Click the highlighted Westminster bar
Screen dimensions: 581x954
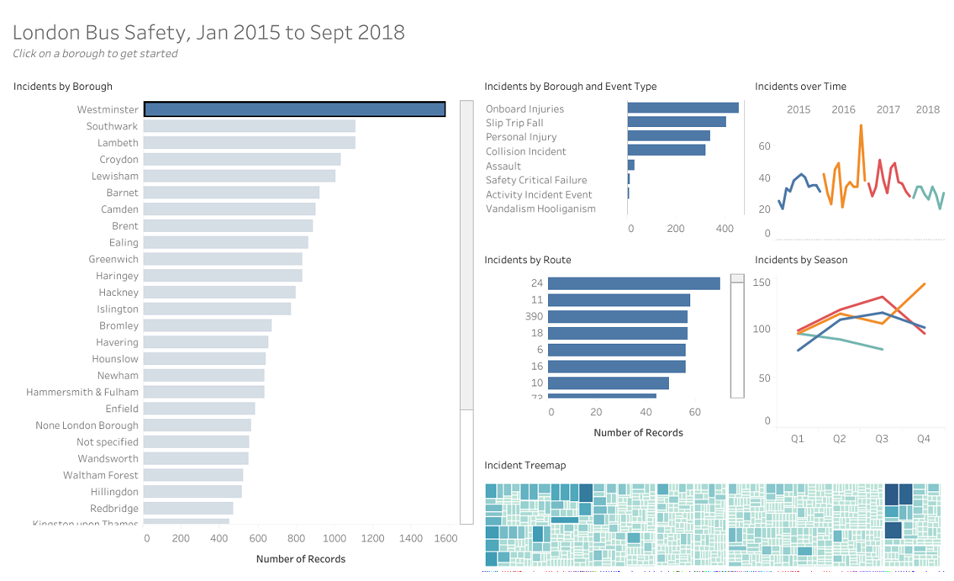pyautogui.click(x=294, y=110)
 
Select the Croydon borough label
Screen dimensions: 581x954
pyautogui.click(x=119, y=160)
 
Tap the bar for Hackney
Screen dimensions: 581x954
pyautogui.click(x=219, y=292)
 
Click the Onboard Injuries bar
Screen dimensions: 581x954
pyautogui.click(x=683, y=108)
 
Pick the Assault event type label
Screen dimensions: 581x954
pyautogui.click(x=503, y=166)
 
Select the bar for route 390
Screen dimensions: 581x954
pyautogui.click(x=617, y=316)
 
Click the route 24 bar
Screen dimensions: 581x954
pyautogui.click(x=633, y=283)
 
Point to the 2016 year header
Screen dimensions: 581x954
pyautogui.click(x=843, y=110)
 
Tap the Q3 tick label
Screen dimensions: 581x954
pyautogui.click(x=881, y=439)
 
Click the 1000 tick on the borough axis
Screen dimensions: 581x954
pyautogui.click(x=334, y=538)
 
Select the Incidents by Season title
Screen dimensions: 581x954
pyautogui.click(x=800, y=260)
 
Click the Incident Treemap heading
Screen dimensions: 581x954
pyautogui.click(x=525, y=465)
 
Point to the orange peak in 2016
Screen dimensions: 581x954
pyautogui.click(x=861, y=125)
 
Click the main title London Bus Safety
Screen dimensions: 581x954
pyautogui.click(x=208, y=32)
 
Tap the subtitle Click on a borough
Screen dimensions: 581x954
pyautogui.click(x=95, y=54)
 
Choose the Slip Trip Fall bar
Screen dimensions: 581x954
pyautogui.click(x=676, y=122)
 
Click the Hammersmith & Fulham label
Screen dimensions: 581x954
pyautogui.click(x=82, y=392)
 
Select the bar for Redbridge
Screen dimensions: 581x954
pyautogui.click(x=188, y=508)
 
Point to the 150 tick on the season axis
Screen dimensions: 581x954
pyautogui.click(x=761, y=283)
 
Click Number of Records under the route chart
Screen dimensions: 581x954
pyautogui.click(x=638, y=433)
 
